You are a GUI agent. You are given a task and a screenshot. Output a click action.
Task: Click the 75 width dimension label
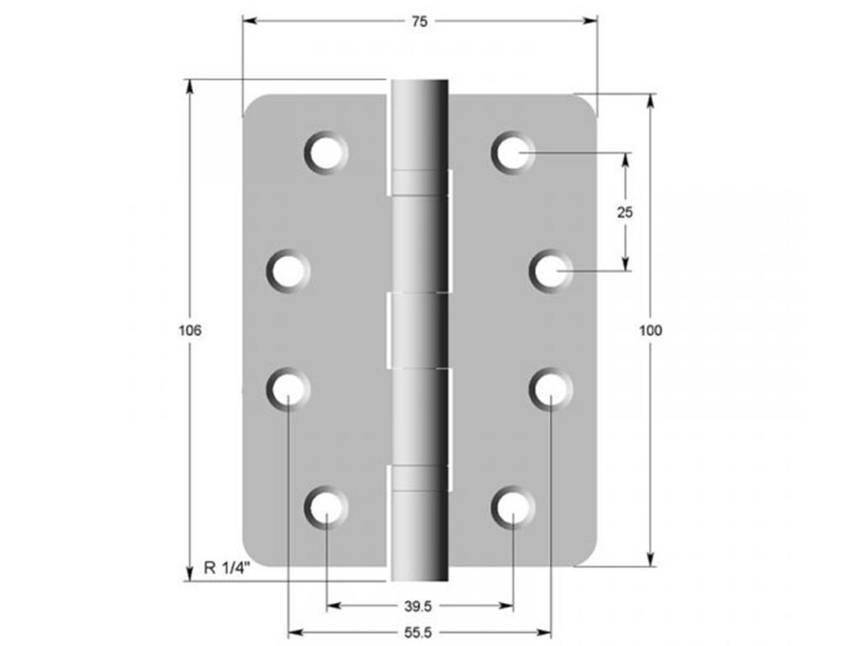[x=419, y=22]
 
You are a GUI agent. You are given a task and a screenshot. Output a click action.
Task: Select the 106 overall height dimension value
[x=190, y=331]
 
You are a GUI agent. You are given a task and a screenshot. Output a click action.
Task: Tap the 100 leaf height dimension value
[x=651, y=331]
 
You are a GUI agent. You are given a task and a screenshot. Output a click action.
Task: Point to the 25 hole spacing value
[x=625, y=212]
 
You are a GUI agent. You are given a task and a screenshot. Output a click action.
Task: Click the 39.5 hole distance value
[x=419, y=606]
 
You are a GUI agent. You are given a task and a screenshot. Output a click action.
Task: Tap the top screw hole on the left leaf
[x=326, y=153]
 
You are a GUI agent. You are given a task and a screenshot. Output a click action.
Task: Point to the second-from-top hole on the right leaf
[x=551, y=272]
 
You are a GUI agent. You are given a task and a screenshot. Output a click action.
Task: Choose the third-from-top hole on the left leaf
[x=289, y=389]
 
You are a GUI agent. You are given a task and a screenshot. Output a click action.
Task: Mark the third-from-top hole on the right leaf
[x=551, y=389]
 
